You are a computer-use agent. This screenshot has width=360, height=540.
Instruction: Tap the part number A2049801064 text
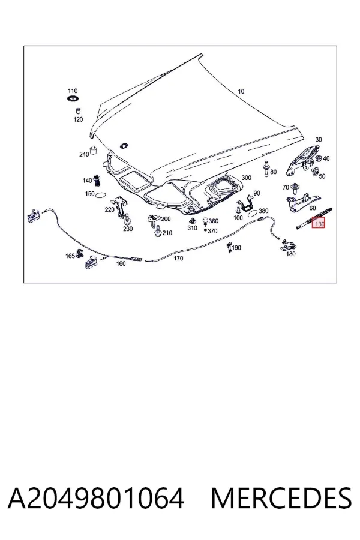96,498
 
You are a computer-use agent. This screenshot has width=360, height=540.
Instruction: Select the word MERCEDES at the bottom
281,498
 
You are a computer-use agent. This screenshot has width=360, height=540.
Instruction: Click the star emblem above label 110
73,99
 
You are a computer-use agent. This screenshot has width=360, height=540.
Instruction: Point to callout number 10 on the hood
241,91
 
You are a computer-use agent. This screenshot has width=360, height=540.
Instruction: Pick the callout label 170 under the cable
178,258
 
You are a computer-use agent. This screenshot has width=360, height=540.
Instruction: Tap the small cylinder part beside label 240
93,151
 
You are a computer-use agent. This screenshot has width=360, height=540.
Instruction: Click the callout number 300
247,178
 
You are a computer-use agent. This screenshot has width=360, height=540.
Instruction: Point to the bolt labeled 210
158,232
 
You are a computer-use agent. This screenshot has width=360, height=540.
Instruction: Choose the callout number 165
70,256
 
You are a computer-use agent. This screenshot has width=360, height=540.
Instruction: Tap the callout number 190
236,248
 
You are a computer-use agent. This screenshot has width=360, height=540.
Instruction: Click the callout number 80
273,172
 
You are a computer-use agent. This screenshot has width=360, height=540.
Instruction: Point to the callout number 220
110,209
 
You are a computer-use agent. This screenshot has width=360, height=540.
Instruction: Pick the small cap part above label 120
78,111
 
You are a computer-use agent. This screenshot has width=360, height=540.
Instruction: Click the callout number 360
214,221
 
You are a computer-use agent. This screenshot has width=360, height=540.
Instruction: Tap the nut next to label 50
314,172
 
